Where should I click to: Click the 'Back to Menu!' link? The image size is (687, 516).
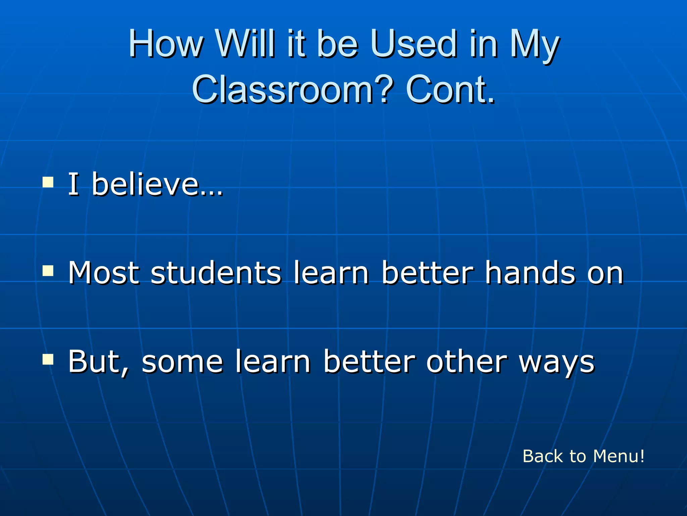click(583, 456)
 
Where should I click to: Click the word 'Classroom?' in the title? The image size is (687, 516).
click(292, 89)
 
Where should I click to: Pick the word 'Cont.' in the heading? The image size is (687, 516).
click(450, 89)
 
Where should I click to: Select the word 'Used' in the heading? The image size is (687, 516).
click(413, 44)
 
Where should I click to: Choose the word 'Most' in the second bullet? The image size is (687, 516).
click(104, 272)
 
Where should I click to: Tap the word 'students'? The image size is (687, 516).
click(216, 272)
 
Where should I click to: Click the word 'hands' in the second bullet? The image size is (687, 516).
click(530, 272)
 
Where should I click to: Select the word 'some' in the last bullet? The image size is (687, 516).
click(182, 362)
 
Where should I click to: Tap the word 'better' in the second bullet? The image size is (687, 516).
click(428, 272)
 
